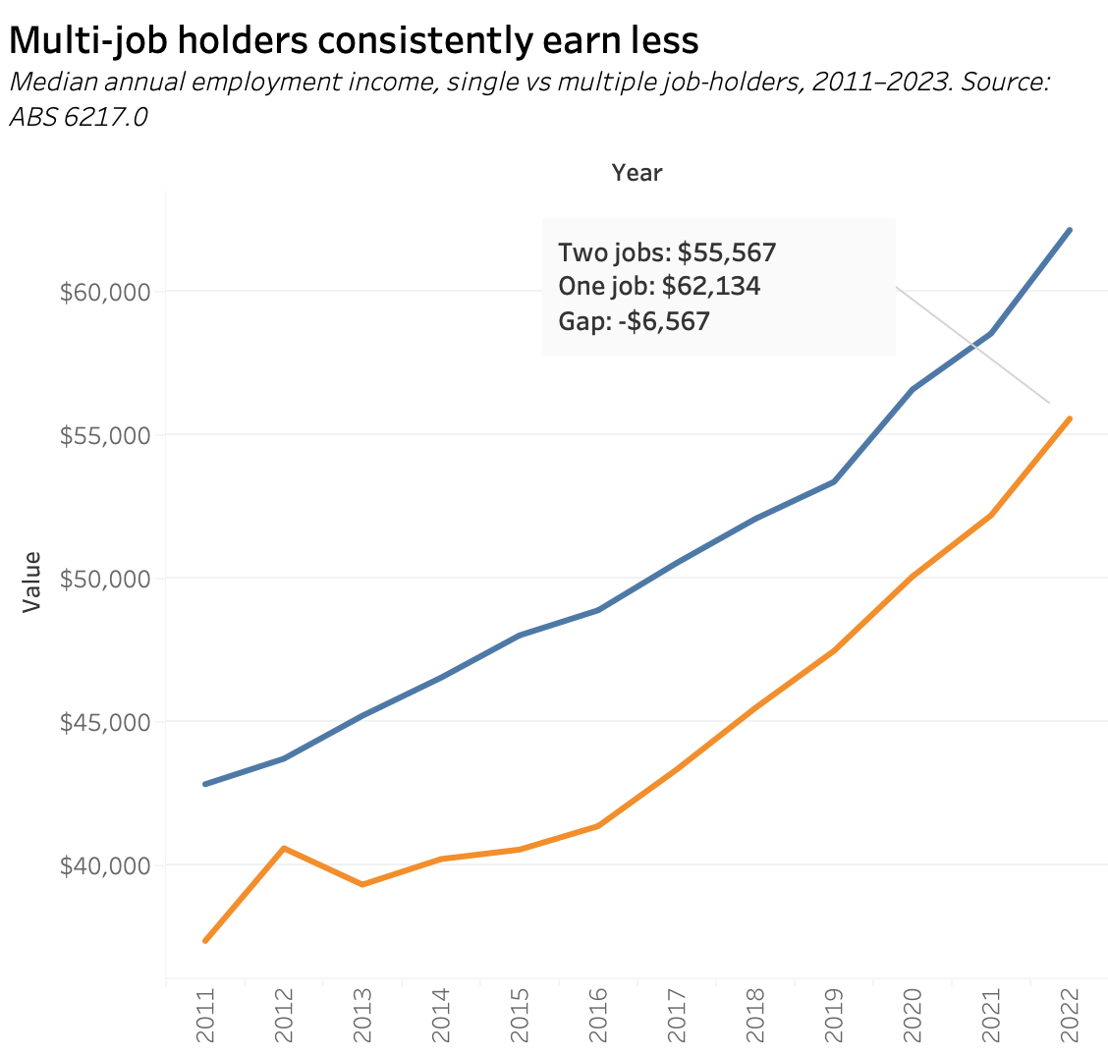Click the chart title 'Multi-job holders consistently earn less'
(x=354, y=40)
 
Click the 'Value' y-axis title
(x=32, y=582)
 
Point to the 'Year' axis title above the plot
(x=637, y=173)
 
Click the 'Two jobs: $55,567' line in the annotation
(x=667, y=252)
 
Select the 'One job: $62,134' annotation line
(x=659, y=287)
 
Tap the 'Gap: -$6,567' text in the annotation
(x=634, y=321)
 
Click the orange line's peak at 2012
(x=284, y=848)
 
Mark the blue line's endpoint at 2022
(x=1070, y=230)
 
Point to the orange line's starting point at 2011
(x=205, y=941)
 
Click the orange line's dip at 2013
(x=362, y=884)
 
